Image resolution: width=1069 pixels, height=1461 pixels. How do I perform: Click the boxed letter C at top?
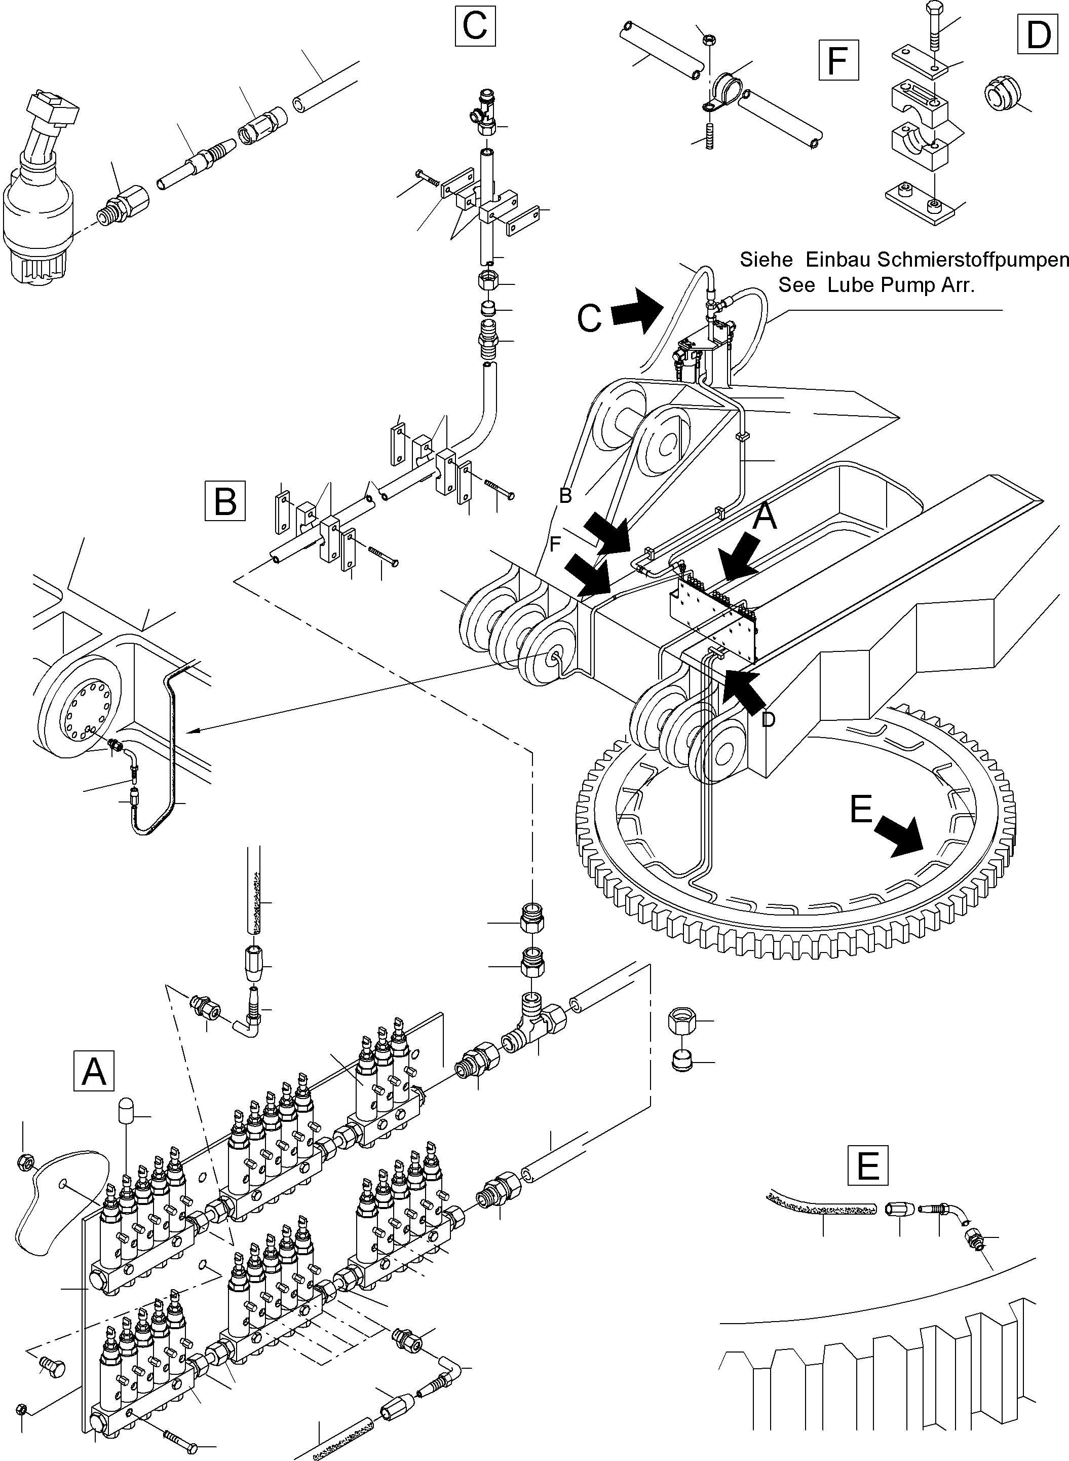click(475, 26)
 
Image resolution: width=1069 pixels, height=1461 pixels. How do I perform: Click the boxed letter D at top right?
click(1039, 34)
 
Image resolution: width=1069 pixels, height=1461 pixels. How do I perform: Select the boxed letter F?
click(838, 60)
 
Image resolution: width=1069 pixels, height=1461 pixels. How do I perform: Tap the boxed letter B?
click(224, 500)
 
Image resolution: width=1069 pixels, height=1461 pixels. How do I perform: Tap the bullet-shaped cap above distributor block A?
click(126, 1114)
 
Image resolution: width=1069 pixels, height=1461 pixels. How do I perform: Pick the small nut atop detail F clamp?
click(708, 40)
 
